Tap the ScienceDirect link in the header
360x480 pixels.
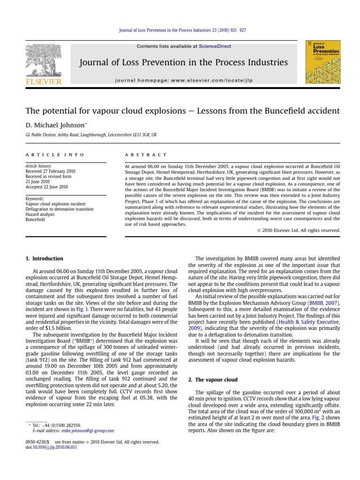click(x=215, y=46)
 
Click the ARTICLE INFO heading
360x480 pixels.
click(x=55, y=154)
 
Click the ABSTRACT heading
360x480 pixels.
click(x=145, y=154)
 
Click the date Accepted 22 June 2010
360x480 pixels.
click(x=46, y=187)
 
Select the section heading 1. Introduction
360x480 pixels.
click(x=44, y=258)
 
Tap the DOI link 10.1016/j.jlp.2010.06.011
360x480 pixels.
click(x=54, y=447)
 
